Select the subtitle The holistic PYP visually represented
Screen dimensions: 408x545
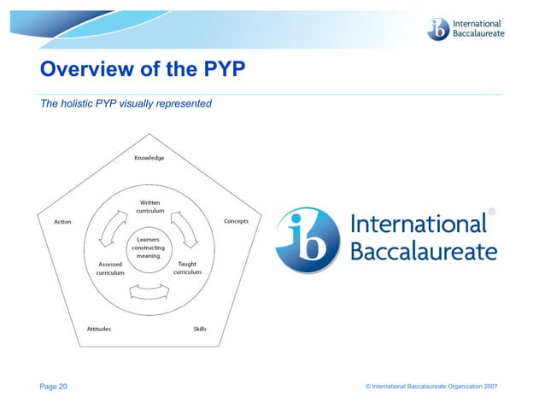point(126,104)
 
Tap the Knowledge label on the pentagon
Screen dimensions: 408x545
point(149,158)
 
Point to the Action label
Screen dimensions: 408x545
point(62,222)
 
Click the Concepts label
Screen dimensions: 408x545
point(236,221)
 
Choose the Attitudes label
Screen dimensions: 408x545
point(98,329)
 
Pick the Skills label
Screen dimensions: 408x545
point(199,329)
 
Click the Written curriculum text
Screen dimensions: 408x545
point(150,207)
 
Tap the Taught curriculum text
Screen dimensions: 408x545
point(188,268)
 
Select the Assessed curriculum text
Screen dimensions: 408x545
point(111,268)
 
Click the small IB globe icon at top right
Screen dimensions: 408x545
point(439,29)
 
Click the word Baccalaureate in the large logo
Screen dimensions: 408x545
point(424,251)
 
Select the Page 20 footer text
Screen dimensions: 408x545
point(54,387)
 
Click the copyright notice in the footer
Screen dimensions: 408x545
point(431,388)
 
